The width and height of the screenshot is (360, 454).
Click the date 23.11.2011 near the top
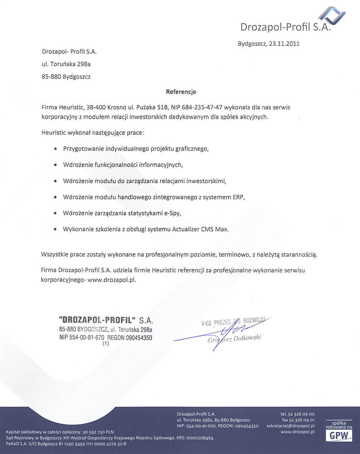[283, 44]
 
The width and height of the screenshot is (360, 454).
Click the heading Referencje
[181, 92]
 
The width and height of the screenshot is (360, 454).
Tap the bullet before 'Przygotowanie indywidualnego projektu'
[55, 148]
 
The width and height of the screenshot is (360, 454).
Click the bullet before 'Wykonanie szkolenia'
[55, 229]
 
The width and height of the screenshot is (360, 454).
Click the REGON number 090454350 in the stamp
[139, 338]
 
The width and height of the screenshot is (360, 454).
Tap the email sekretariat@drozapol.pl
[290, 426]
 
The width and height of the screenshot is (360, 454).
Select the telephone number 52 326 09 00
[302, 414]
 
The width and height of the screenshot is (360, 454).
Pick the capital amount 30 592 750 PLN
[98, 432]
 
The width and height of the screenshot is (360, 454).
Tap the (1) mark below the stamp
[106, 344]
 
